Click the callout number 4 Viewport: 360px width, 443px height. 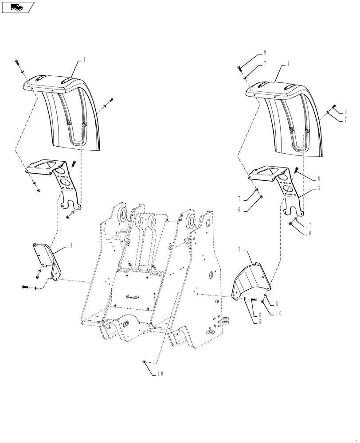click(x=71, y=245)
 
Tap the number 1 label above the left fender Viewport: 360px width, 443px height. click(x=85, y=58)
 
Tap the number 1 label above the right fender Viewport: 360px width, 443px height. click(x=288, y=63)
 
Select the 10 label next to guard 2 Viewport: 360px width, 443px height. click(x=278, y=313)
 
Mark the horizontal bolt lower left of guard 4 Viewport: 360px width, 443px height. click(x=25, y=288)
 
